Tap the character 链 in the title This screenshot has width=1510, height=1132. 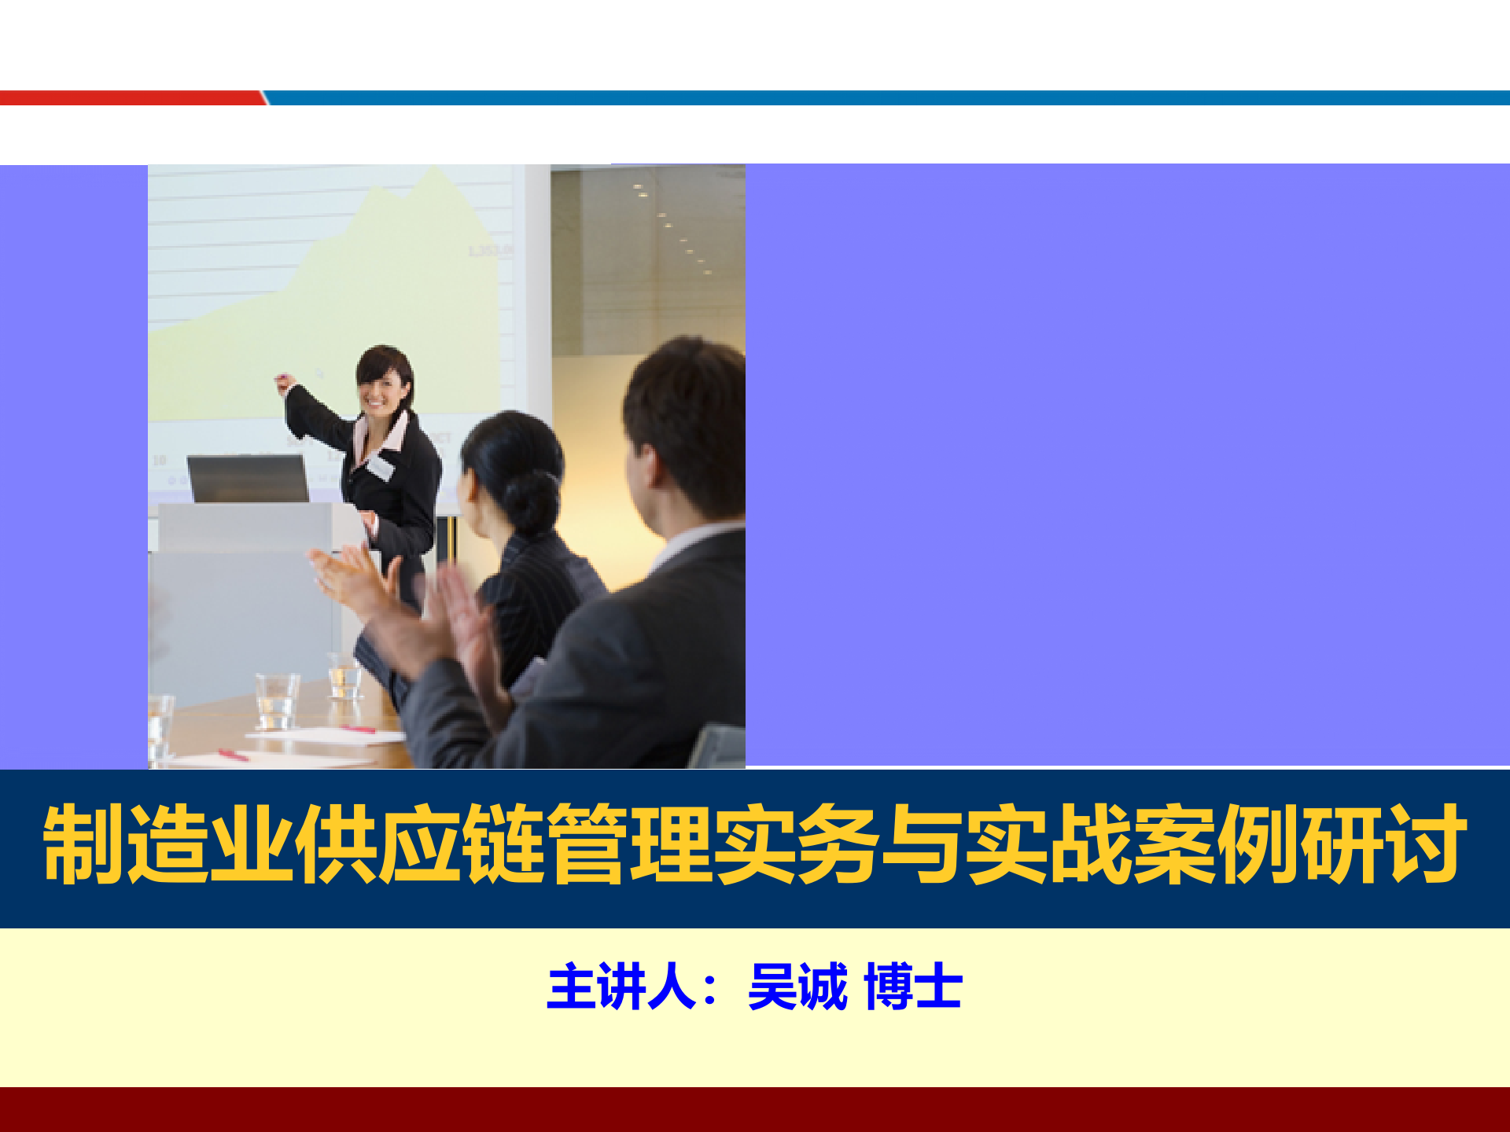pos(504,844)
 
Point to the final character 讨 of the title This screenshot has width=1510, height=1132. pos(1425,844)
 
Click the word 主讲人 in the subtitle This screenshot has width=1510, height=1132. pos(621,987)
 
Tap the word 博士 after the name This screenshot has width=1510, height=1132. pos(913,987)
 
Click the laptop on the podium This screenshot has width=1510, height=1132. pos(249,478)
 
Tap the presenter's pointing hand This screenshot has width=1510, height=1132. pos(284,384)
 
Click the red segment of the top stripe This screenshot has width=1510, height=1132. pos(130,97)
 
